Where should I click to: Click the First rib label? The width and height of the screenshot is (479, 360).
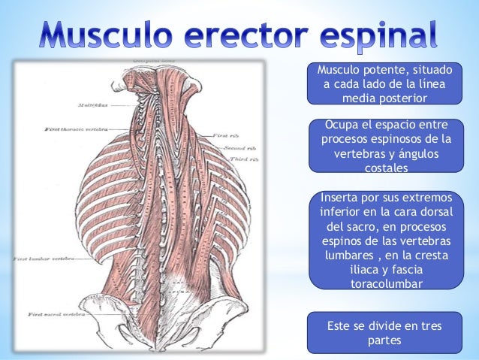(225, 135)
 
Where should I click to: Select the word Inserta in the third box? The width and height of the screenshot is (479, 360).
(340, 198)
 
